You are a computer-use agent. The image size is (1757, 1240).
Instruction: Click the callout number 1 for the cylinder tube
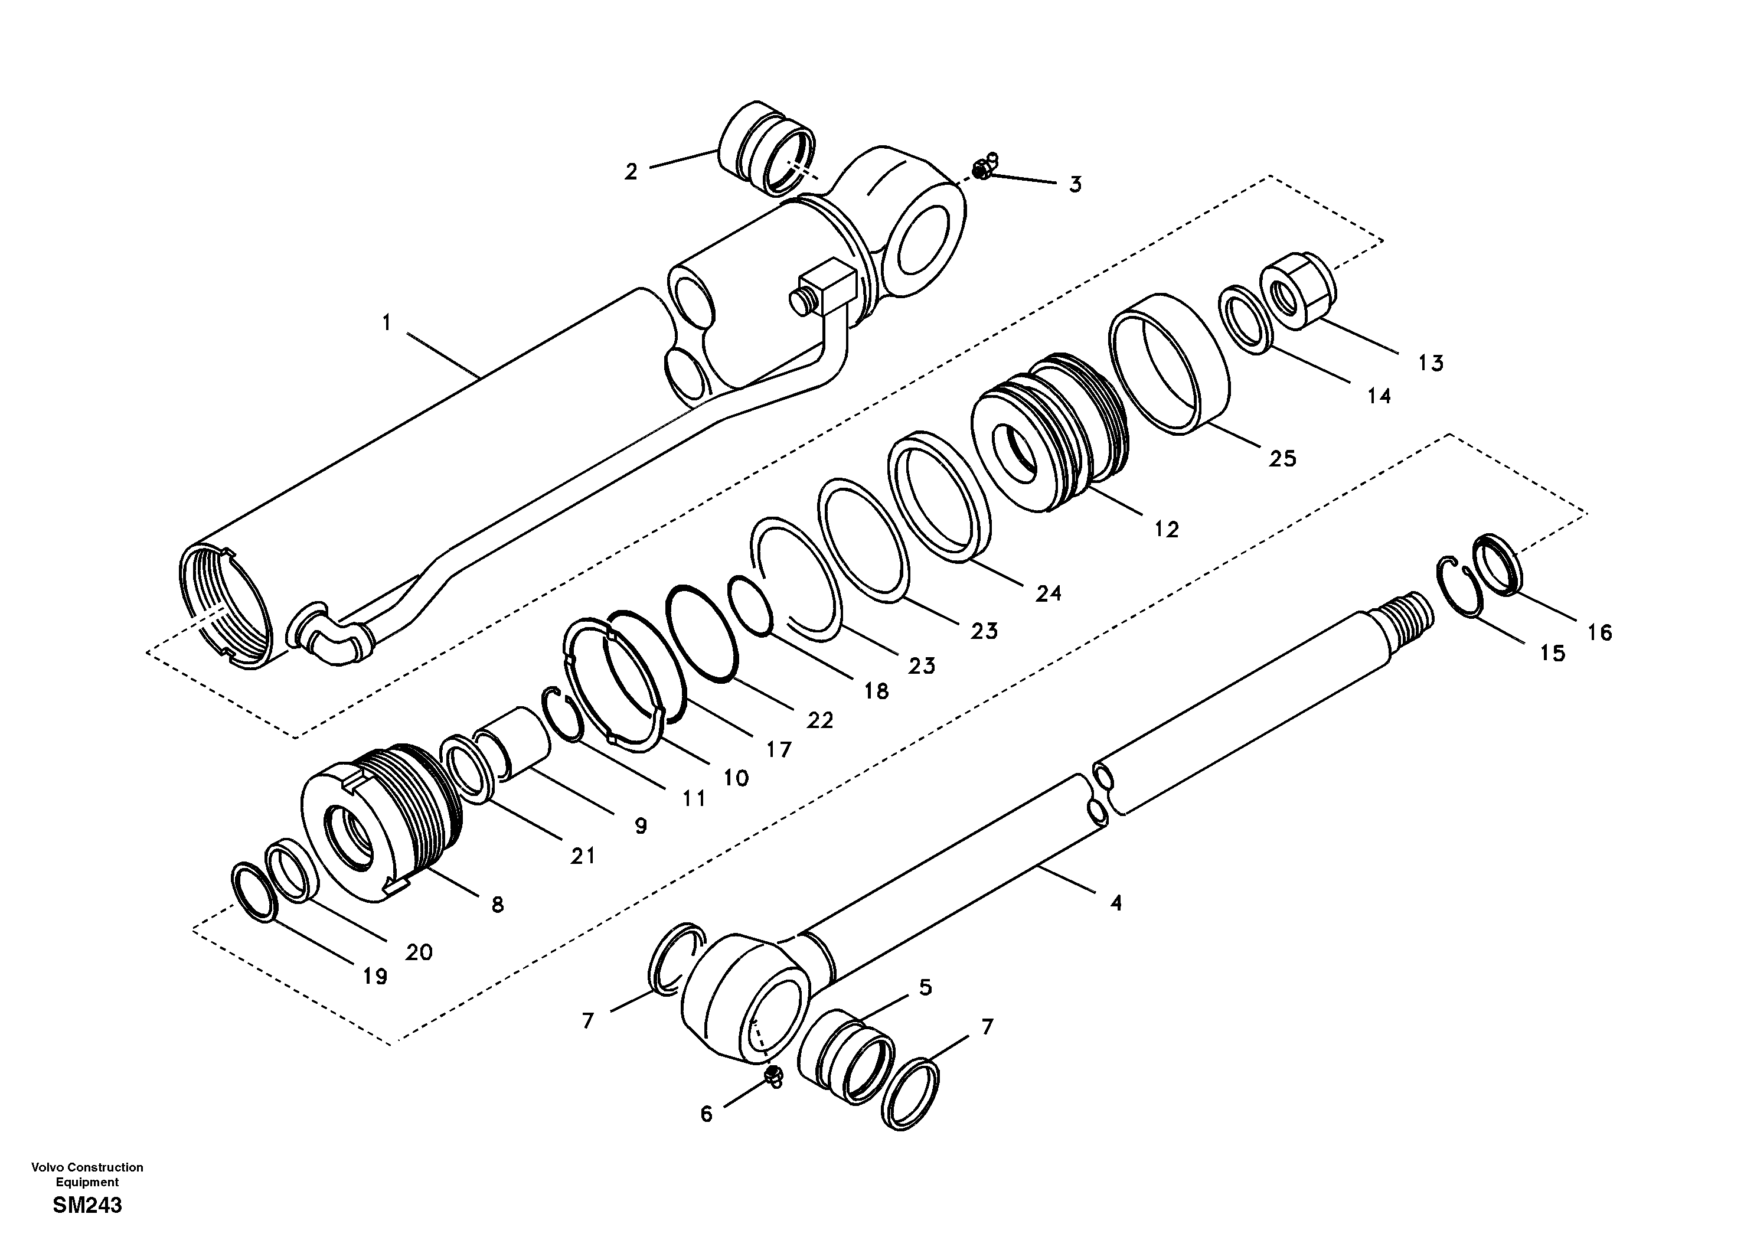387,324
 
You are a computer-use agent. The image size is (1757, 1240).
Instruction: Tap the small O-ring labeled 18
752,607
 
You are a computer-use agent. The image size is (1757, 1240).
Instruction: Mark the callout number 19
375,977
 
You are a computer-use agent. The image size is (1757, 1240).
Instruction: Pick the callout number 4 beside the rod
1116,903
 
